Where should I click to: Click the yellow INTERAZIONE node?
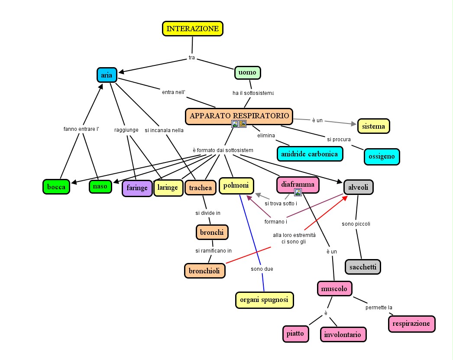pyautogui.click(x=193, y=29)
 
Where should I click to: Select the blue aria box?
pyautogui.click(x=107, y=75)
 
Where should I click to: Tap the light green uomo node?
pyautogui.click(x=248, y=72)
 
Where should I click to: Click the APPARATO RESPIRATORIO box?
pyautogui.click(x=239, y=116)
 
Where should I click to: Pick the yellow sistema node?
pyautogui.click(x=374, y=126)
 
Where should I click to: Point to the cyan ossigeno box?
pyautogui.click(x=382, y=156)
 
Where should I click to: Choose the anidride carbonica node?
pyautogui.click(x=310, y=154)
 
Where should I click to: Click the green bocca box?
pyautogui.click(x=56, y=187)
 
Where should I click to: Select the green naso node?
pyautogui.click(x=100, y=187)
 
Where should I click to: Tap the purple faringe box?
pyautogui.click(x=137, y=188)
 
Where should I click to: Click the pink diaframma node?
pyautogui.click(x=298, y=185)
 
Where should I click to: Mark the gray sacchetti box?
pyautogui.click(x=363, y=267)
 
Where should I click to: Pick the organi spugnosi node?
pyautogui.click(x=264, y=300)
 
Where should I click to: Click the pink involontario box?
pyautogui.click(x=343, y=334)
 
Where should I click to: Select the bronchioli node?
pyautogui.click(x=204, y=271)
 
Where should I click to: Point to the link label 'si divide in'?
pyautogui.click(x=208, y=213)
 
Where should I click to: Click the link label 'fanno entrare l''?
pyautogui.click(x=81, y=129)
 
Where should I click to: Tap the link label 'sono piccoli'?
pyautogui.click(x=356, y=224)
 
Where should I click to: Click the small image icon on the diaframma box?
pyautogui.click(x=298, y=192)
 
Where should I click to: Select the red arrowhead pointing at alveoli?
pyautogui.click(x=345, y=198)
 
